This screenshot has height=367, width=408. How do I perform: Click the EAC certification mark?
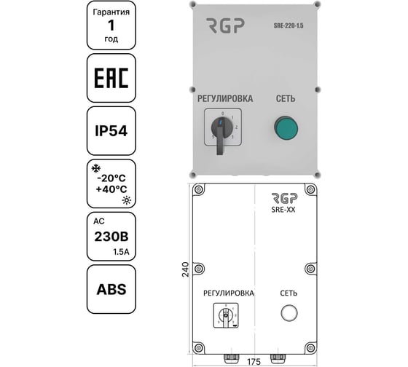coord(112,77)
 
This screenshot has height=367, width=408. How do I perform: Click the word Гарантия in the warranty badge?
coord(111,14)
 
